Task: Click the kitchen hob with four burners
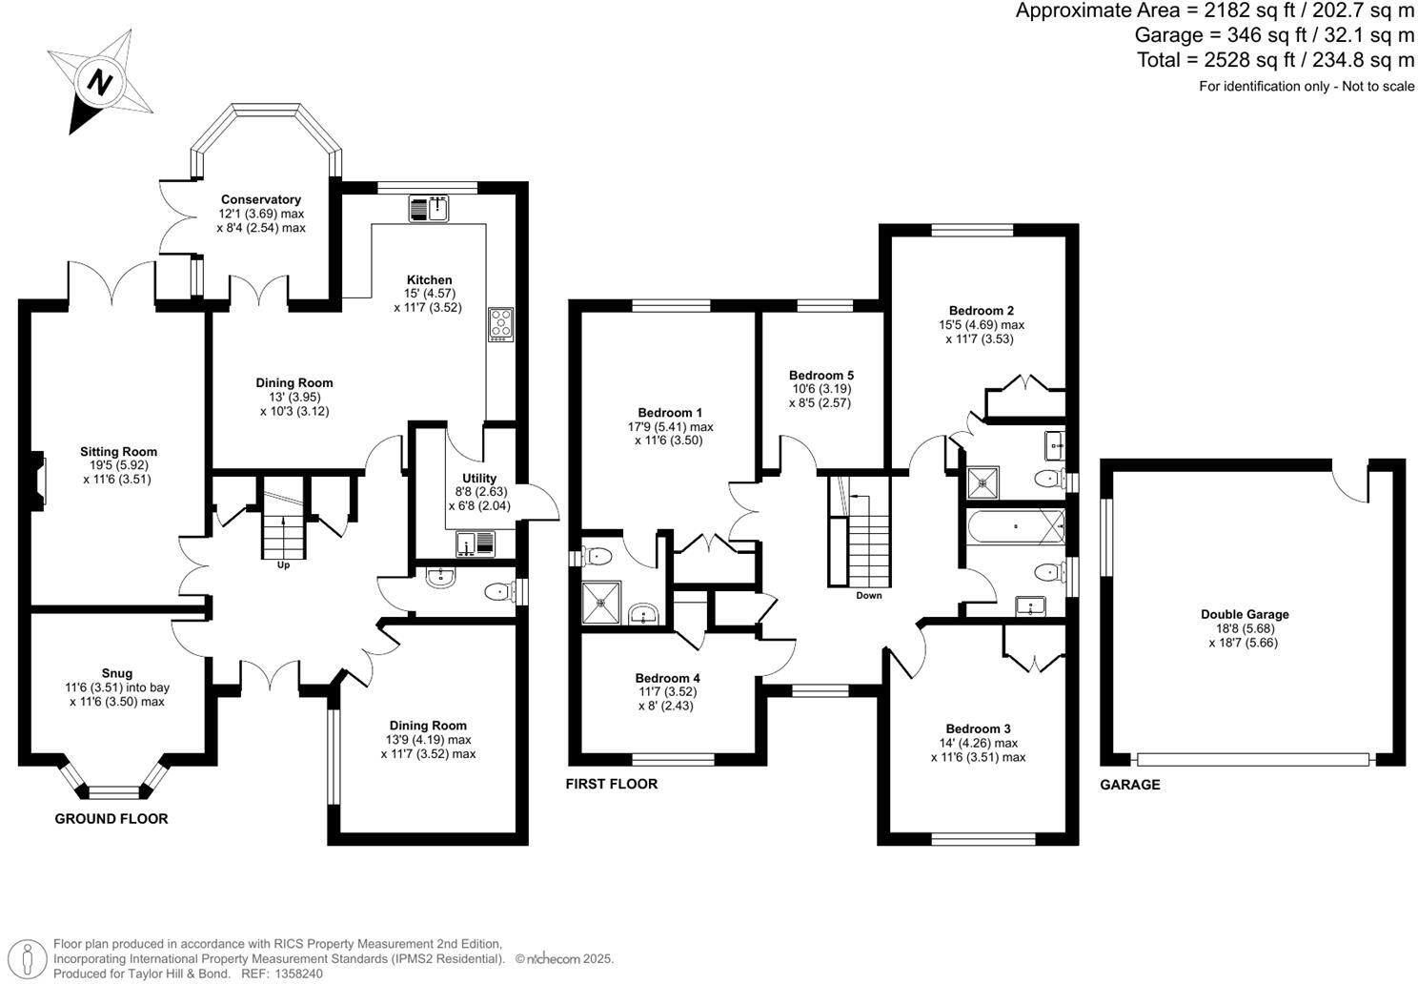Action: (500, 324)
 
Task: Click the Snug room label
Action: (117, 672)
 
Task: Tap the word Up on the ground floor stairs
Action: (283, 565)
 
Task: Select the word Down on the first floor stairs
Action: (868, 595)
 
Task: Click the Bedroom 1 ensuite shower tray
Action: (601, 602)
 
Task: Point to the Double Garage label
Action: (1245, 614)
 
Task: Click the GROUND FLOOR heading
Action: (111, 818)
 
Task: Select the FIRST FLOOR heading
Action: (612, 784)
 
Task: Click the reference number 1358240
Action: (297, 974)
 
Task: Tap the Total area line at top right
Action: (1275, 60)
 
